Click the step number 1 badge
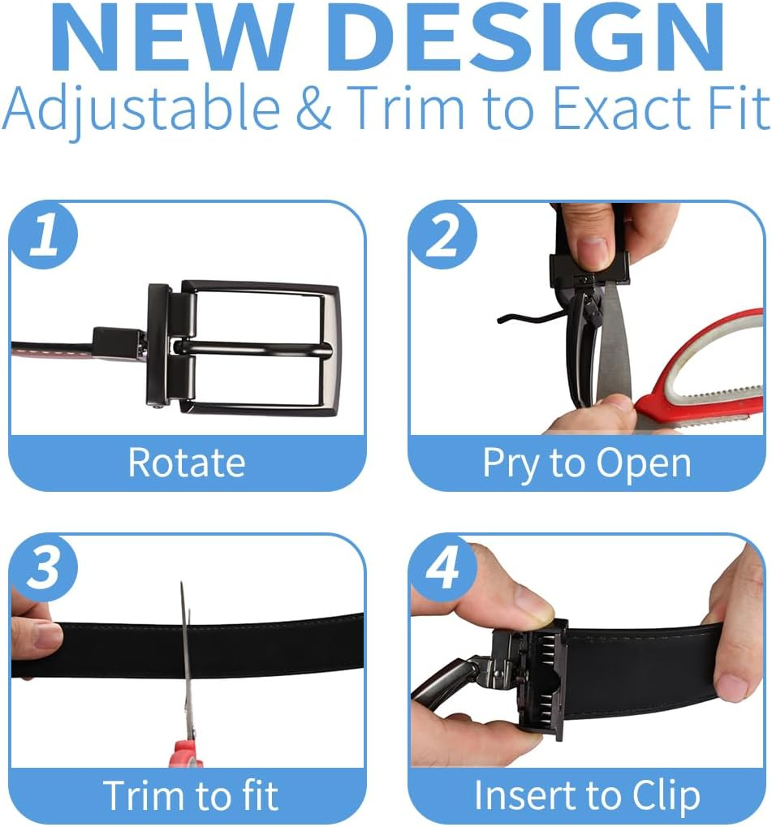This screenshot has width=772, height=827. [x=44, y=235]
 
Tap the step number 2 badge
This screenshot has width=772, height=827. [x=444, y=235]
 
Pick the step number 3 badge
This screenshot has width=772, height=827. [x=44, y=569]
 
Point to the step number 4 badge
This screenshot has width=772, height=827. [x=444, y=569]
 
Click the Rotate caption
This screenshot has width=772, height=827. [x=187, y=463]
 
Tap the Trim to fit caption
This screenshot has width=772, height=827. [x=191, y=795]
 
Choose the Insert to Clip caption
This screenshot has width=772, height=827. [x=587, y=795]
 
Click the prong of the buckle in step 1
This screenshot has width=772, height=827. [x=253, y=348]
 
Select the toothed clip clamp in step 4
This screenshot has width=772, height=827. [x=544, y=680]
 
